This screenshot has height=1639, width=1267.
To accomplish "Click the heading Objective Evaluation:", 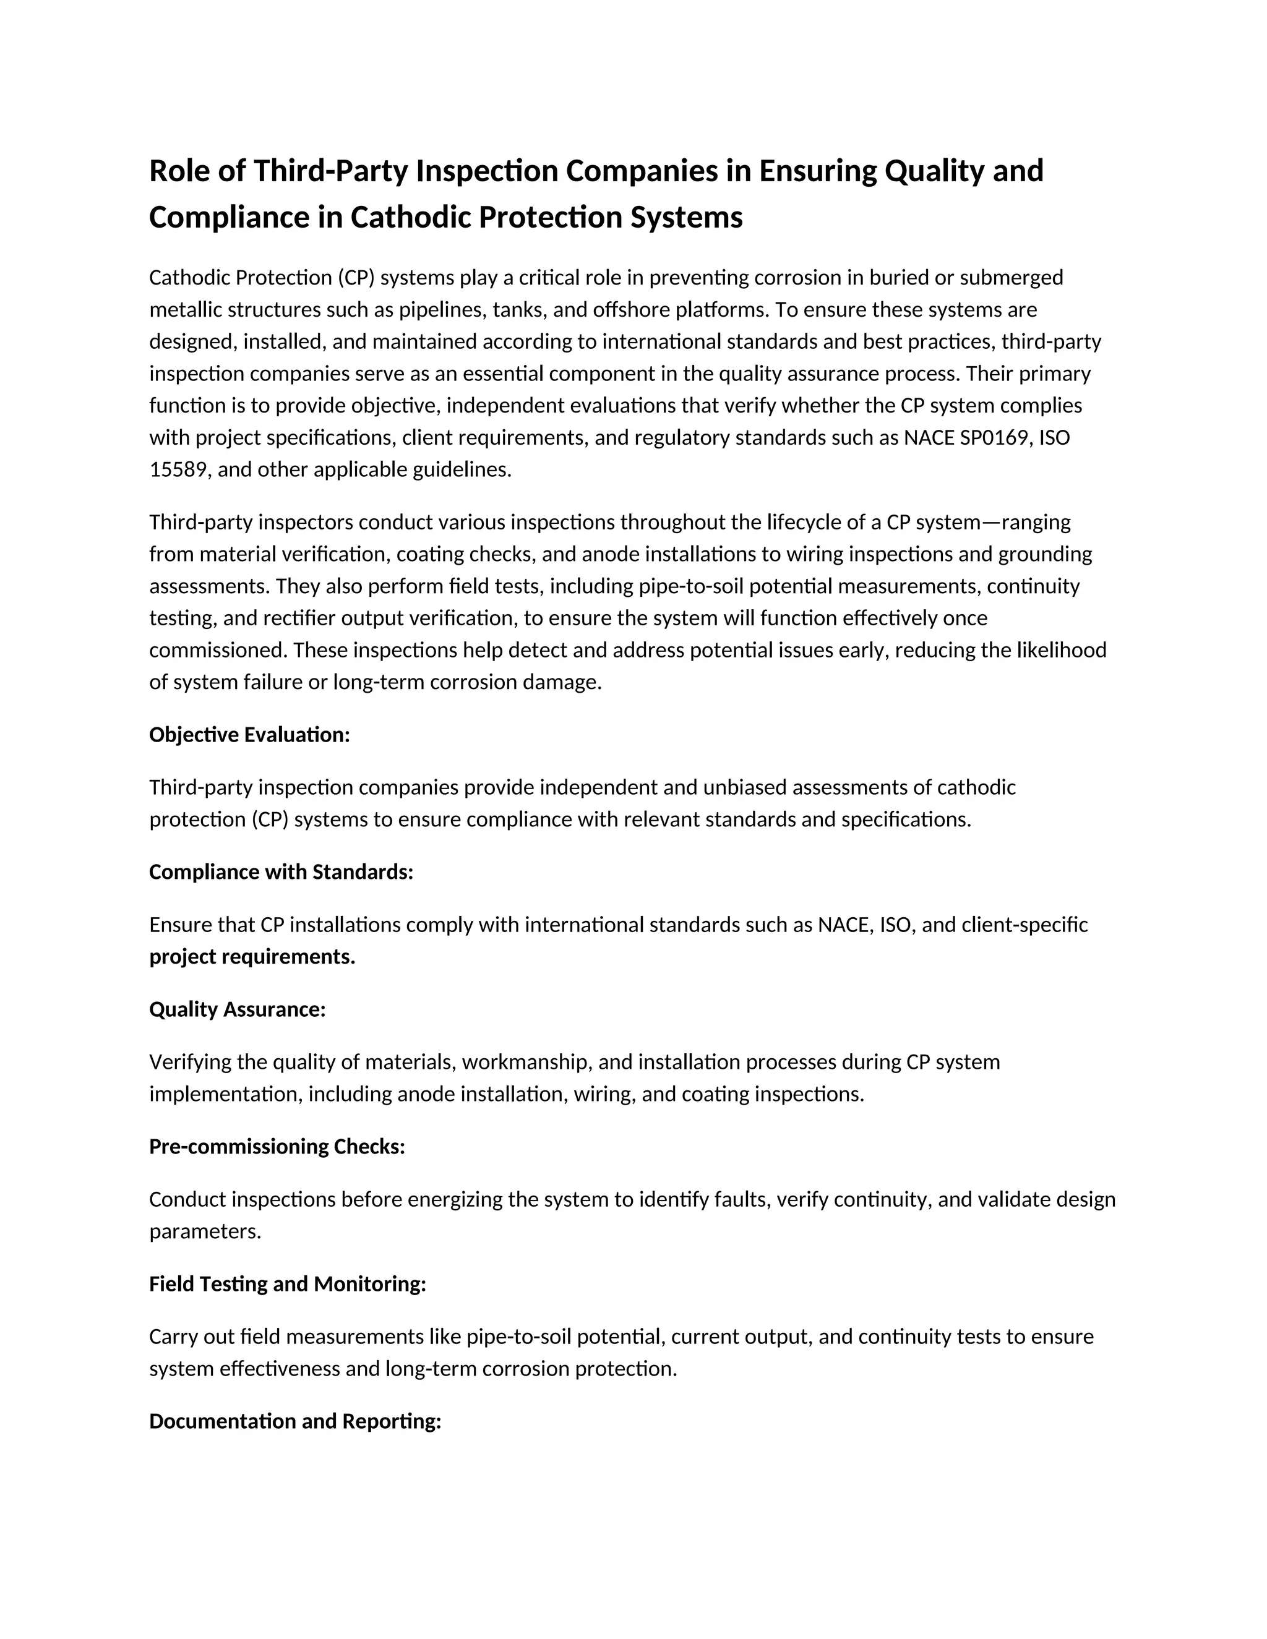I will tap(249, 735).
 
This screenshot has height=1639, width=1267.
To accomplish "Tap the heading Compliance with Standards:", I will tap(281, 872).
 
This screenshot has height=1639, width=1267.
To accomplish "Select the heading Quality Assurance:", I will tap(237, 1009).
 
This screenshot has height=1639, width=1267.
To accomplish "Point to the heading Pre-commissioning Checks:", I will tap(277, 1147).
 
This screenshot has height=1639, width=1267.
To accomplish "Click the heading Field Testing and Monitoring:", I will tap(288, 1284).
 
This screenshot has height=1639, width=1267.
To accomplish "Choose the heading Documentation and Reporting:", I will tap(295, 1421).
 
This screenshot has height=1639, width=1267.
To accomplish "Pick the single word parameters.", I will tap(204, 1231).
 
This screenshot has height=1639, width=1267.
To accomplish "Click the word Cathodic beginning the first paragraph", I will tap(189, 278).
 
